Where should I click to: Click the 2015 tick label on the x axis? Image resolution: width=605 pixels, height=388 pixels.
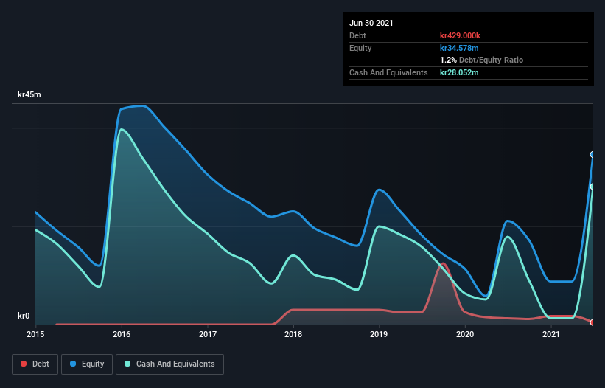click(35, 334)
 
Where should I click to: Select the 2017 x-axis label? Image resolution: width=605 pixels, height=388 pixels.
click(207, 334)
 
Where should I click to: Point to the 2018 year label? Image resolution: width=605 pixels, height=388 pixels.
click(293, 334)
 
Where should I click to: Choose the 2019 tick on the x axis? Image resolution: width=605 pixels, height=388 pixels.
click(379, 334)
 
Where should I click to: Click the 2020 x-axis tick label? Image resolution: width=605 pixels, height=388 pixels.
click(465, 334)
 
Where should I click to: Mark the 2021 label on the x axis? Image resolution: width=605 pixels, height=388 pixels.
click(551, 334)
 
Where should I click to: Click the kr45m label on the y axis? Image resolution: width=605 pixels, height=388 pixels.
click(29, 95)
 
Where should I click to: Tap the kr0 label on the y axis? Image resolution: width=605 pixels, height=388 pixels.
click(24, 316)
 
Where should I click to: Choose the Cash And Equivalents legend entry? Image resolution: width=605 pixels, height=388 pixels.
click(169, 364)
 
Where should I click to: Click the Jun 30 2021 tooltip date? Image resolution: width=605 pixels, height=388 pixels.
click(371, 23)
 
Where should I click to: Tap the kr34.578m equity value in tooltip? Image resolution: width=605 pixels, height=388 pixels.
click(459, 48)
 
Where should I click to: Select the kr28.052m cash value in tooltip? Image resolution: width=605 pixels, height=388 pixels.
click(459, 72)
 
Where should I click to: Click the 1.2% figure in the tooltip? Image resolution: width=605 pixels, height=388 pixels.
click(447, 60)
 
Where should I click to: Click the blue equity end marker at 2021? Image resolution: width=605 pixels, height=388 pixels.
click(592, 154)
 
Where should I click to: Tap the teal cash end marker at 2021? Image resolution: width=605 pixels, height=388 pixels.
click(592, 187)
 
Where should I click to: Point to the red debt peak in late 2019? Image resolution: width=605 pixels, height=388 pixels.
click(443, 263)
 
